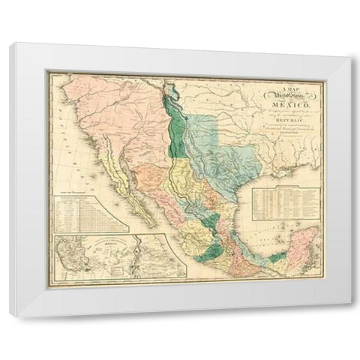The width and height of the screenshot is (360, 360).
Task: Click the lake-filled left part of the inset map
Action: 74,255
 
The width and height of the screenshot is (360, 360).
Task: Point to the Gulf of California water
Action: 127,187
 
